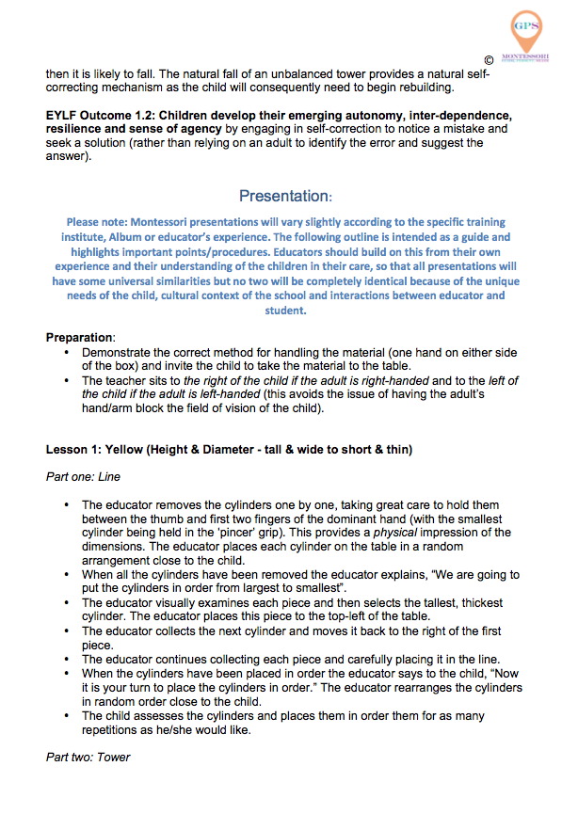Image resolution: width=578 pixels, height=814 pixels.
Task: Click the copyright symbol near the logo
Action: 488,59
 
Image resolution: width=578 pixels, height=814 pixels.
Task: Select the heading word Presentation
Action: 284,196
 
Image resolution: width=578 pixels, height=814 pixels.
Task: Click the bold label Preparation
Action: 80,336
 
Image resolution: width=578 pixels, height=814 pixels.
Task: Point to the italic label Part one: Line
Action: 83,477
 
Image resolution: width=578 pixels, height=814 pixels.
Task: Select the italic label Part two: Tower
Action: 88,757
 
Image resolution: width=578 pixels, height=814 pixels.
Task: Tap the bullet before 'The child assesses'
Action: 66,716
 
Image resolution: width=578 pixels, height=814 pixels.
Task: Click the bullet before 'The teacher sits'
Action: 66,379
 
